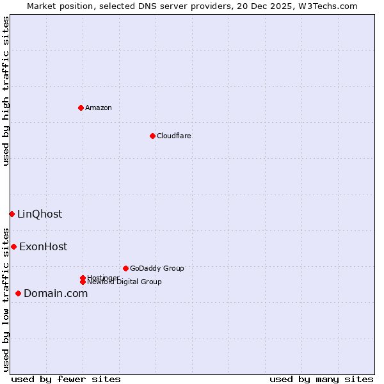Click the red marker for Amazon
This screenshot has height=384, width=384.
81,108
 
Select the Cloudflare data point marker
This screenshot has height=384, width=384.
152,136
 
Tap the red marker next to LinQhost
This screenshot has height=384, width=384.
12,214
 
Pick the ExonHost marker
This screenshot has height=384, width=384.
13,246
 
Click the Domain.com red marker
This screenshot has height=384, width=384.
18,293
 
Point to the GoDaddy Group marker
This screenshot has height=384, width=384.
125,268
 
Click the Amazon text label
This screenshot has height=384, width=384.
99,108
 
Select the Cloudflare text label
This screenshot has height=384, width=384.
174,136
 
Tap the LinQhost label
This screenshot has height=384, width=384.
40,214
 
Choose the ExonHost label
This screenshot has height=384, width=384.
43,247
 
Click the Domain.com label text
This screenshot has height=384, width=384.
56,294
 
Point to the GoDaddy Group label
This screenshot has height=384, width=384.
157,269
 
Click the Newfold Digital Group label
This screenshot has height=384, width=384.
124,282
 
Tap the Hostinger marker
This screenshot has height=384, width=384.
83,278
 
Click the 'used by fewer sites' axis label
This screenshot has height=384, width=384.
66,379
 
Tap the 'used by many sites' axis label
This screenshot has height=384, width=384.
321,379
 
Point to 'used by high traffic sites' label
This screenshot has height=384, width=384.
6,91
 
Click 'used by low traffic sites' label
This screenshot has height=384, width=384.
6,300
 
